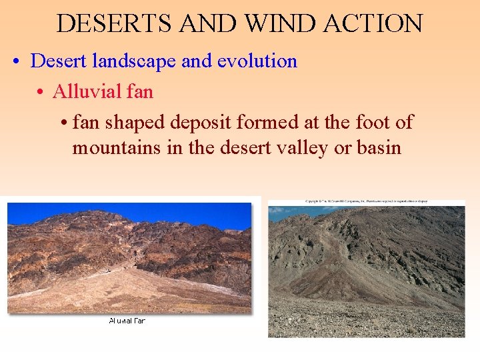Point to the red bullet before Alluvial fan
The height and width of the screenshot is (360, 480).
[x=41, y=92]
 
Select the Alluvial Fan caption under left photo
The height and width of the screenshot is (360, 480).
[x=127, y=321]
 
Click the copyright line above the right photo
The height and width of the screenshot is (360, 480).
[x=366, y=201]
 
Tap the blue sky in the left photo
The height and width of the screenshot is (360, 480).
[x=133, y=213]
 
